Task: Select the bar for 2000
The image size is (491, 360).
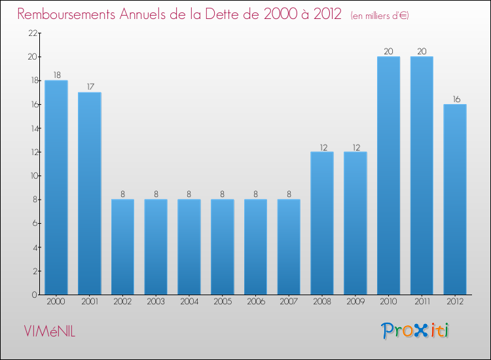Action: (56, 187)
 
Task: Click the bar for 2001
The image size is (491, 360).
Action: (90, 193)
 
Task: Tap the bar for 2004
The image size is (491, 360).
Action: (189, 247)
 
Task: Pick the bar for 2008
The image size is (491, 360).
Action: (322, 223)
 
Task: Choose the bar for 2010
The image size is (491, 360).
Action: (388, 175)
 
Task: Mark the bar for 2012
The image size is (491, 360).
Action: (455, 199)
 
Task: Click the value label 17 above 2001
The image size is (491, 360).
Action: (90, 86)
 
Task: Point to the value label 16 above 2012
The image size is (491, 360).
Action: (455, 99)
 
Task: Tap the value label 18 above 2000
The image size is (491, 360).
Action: (56, 75)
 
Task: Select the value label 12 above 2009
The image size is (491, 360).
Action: (355, 147)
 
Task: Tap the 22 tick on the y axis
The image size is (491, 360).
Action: (31, 33)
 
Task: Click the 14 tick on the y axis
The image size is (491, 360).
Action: (31, 128)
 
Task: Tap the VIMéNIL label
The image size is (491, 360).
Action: (50, 332)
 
